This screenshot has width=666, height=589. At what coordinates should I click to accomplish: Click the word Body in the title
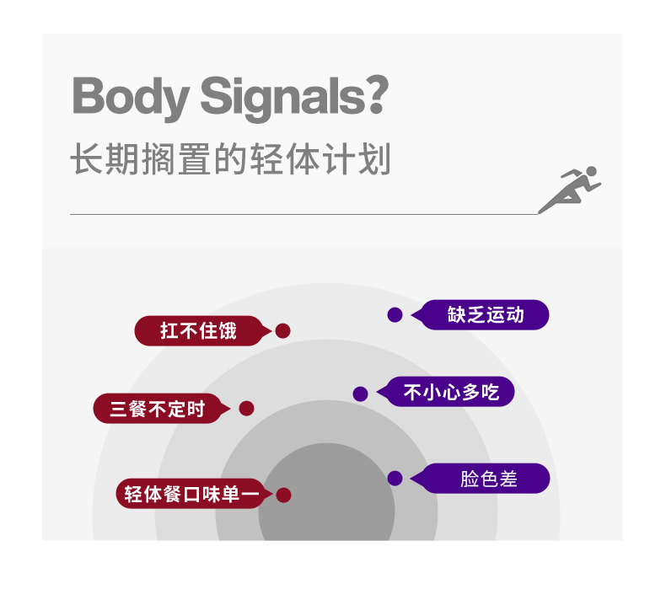[x=131, y=98]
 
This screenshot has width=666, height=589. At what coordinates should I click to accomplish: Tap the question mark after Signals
[x=378, y=94]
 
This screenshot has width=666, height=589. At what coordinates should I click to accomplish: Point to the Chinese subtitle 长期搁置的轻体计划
[x=231, y=158]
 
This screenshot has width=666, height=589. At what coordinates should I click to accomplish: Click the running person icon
[x=569, y=190]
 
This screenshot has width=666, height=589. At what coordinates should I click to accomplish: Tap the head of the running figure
[x=591, y=171]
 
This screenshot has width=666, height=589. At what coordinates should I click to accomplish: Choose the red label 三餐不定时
[x=161, y=409]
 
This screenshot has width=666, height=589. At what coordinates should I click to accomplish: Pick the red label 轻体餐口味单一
[x=194, y=494]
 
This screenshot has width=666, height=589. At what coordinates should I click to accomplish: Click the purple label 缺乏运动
[x=480, y=314]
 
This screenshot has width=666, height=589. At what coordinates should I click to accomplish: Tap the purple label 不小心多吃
[x=446, y=392]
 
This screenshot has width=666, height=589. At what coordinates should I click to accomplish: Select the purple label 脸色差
[x=480, y=479]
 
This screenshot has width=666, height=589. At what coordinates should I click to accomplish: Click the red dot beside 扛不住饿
[x=283, y=331]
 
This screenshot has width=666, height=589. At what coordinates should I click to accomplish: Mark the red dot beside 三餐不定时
[x=246, y=409]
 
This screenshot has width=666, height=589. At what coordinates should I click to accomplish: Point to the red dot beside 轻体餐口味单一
[x=283, y=495]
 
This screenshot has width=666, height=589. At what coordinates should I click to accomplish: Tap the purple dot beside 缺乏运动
[x=395, y=314]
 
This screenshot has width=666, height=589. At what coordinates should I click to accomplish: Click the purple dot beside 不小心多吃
[x=360, y=394]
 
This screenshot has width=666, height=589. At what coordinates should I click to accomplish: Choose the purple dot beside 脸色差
[x=395, y=478]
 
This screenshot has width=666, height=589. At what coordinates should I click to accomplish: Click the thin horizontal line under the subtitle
[x=304, y=215]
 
